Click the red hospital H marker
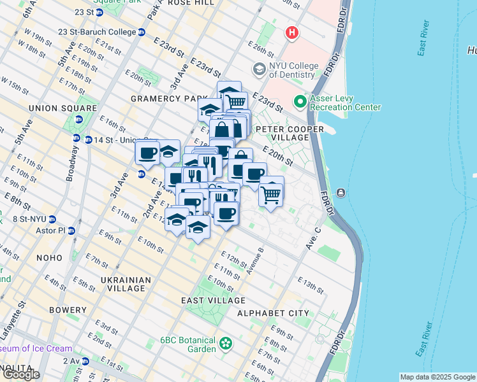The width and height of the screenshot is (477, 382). click(x=292, y=32)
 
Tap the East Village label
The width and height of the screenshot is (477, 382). click(x=213, y=301)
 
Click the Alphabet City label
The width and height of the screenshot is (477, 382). click(x=273, y=313)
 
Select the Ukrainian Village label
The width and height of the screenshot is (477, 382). click(x=126, y=285)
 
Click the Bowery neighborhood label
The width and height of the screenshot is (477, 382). click(x=68, y=310)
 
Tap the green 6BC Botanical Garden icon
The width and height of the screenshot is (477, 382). click(x=225, y=344)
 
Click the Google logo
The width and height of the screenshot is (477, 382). click(x=20, y=374)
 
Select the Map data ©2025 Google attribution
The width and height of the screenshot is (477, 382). click(x=437, y=377)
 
